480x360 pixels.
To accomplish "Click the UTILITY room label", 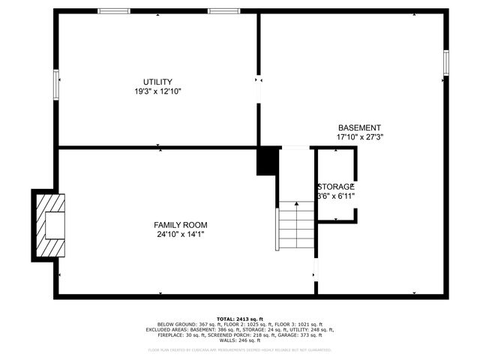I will coord(157,82).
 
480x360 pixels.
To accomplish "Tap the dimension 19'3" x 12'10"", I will coord(157,91).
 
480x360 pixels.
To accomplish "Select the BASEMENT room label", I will coord(359,127).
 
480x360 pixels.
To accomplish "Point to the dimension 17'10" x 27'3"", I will coord(359,137).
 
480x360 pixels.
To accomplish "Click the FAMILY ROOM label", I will coord(180,225).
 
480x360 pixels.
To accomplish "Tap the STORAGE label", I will coord(335,187).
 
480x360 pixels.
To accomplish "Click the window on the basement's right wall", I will coord(445,62).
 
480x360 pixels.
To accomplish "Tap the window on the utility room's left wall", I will coord(55,83).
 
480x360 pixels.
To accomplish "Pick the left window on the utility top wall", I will coord(114,11).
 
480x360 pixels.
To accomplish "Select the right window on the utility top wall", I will coord(223,11).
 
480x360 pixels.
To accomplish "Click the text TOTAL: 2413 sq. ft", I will coord(239,318).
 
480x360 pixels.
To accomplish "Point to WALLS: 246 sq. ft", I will coord(239,340).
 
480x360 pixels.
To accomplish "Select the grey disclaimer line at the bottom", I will coord(239,349).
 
